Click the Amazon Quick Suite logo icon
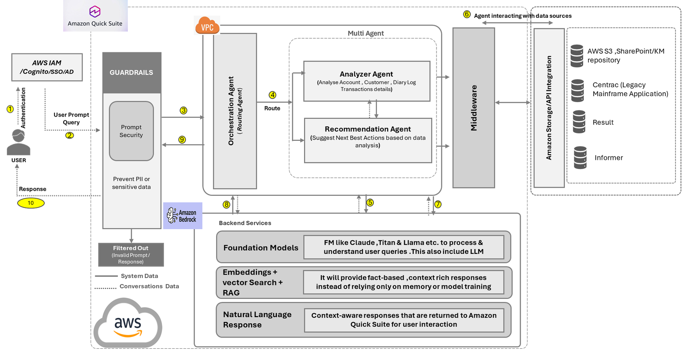[95, 11]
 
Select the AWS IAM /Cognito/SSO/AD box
[47, 67]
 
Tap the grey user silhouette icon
[18, 143]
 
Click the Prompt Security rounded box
[131, 131]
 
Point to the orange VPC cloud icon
[207, 26]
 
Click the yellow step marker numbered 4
[272, 95]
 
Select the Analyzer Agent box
[366, 81]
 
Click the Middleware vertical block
[473, 108]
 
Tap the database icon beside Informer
[580, 158]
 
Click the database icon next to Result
[579, 122]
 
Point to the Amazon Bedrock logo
[182, 215]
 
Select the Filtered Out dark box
[131, 255]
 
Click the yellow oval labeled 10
[31, 203]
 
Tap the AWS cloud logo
[128, 324]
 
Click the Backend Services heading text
[245, 223]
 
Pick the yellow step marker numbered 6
[467, 14]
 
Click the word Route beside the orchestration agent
[272, 108]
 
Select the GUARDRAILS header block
[131, 72]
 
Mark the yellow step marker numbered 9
[182, 139]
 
